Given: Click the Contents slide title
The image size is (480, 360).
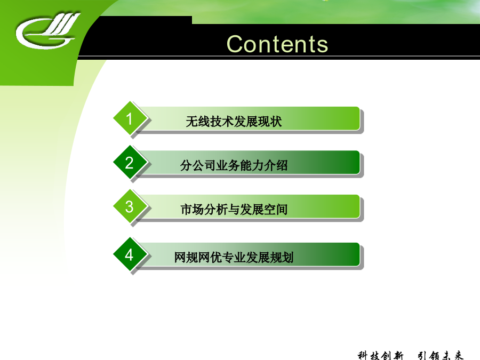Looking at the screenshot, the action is coord(277,44).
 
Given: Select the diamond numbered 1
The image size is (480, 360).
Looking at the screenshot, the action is coord(130,118).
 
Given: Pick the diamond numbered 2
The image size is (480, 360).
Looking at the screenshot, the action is coord(130,162).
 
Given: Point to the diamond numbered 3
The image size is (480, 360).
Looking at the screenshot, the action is coord(130,206).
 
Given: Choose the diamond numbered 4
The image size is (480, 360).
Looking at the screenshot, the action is coord(130,254).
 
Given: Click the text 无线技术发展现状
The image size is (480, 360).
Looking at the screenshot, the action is coord(234,122).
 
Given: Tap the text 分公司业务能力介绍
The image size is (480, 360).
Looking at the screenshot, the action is coord(234,166).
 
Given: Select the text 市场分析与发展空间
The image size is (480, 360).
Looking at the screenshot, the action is coord(234,210).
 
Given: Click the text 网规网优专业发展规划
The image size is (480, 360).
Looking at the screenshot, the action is coord(234,258).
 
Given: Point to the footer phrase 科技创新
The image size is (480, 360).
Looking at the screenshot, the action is coord(380,355).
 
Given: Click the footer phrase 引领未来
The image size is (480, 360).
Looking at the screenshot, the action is coord(441,355).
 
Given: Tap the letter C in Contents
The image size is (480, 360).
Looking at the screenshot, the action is coord(235,44).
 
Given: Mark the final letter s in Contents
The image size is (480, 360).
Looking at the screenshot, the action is coord(322,46).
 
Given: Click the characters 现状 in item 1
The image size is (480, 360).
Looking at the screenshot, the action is coord(270,122).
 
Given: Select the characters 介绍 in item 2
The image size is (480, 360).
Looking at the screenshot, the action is coord(276,166).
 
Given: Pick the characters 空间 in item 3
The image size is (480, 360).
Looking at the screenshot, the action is coord(276,210).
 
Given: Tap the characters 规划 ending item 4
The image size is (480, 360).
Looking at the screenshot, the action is coord(282,258).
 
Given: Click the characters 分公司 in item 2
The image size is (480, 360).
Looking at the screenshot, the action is coord(198,166).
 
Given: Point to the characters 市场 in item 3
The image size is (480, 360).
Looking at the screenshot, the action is coord(192,210).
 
